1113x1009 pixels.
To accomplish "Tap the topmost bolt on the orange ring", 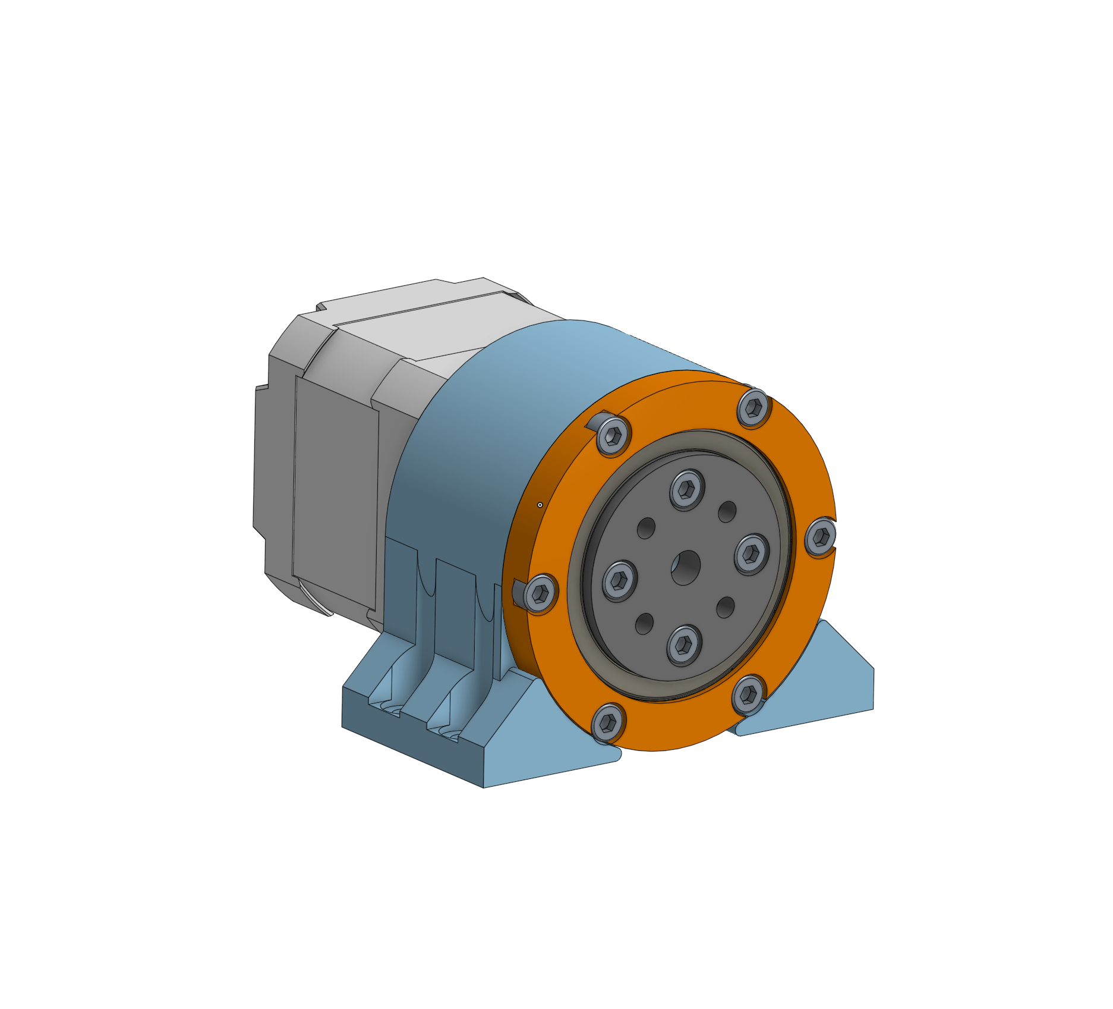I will (753, 407).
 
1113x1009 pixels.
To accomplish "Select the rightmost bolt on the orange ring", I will (821, 537).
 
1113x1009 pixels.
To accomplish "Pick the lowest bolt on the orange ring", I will (608, 722).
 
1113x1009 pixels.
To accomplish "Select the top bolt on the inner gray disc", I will (688, 489).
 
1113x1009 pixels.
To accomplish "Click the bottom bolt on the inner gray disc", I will (684, 645).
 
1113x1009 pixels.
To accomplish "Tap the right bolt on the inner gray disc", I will (751, 554).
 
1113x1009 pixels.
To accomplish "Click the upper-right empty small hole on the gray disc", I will (727, 511).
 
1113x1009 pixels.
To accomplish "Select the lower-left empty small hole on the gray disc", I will (645, 624).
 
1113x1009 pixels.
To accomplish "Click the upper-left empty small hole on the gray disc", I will (647, 528).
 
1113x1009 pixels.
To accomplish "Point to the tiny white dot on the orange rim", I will (540, 505).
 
